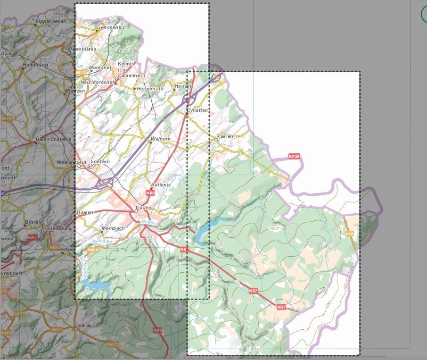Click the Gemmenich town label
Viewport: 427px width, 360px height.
111,28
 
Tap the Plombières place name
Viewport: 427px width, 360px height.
82,49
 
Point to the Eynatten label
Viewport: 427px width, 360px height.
197,110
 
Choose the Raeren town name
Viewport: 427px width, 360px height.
225,136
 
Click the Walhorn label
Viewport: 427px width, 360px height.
160,139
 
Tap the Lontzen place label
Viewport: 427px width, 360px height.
99,162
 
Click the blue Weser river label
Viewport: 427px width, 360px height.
148,221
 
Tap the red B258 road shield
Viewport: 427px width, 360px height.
294,156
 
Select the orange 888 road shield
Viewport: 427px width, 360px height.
349,234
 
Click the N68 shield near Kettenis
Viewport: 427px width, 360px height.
150,193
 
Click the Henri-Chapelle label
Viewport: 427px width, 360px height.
53,140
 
